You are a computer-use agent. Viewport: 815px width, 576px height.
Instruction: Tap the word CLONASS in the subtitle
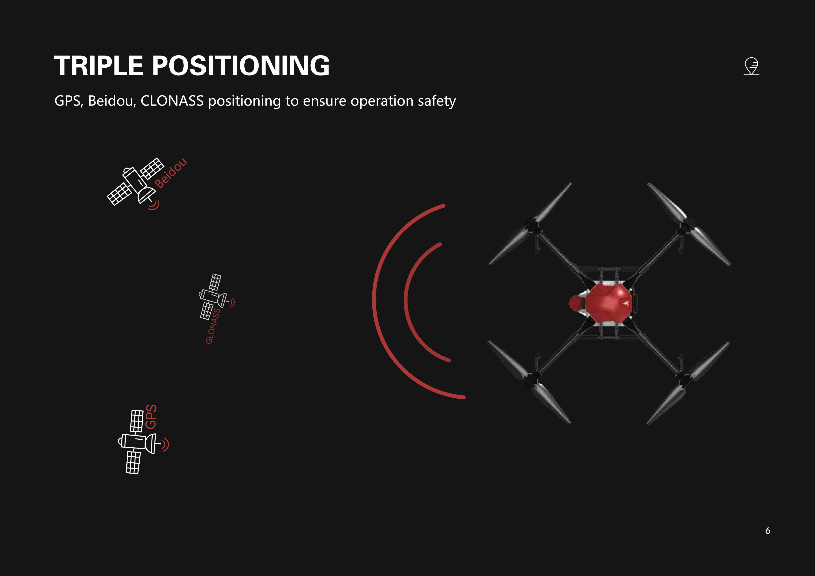172,101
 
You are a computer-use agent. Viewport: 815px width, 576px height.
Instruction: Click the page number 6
767,530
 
